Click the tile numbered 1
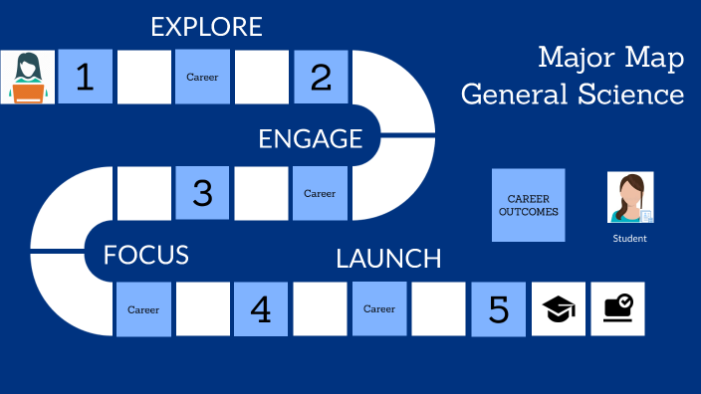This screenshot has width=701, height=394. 86,78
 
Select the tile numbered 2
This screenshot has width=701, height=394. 321,78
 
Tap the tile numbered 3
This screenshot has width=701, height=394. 203,193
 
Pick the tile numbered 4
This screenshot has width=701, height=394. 261,309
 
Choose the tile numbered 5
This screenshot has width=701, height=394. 499,309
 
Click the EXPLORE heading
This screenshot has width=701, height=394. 206,27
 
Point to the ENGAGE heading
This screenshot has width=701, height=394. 310,139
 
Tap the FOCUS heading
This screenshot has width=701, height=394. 146,255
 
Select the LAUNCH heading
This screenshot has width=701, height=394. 388,259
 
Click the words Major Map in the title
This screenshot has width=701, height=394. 610,59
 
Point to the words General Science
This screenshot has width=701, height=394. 573,95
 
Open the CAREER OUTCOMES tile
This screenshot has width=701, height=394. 528,205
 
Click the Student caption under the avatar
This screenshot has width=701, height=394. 629,239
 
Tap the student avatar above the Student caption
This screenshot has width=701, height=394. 630,197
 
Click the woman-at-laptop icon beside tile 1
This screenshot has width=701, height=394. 28,78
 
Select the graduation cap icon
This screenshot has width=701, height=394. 559,309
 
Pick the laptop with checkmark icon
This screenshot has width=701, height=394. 617,309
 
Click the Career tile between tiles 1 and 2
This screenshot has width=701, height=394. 202,78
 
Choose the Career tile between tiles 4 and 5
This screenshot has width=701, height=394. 379,309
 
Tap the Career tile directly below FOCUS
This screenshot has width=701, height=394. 143,309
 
